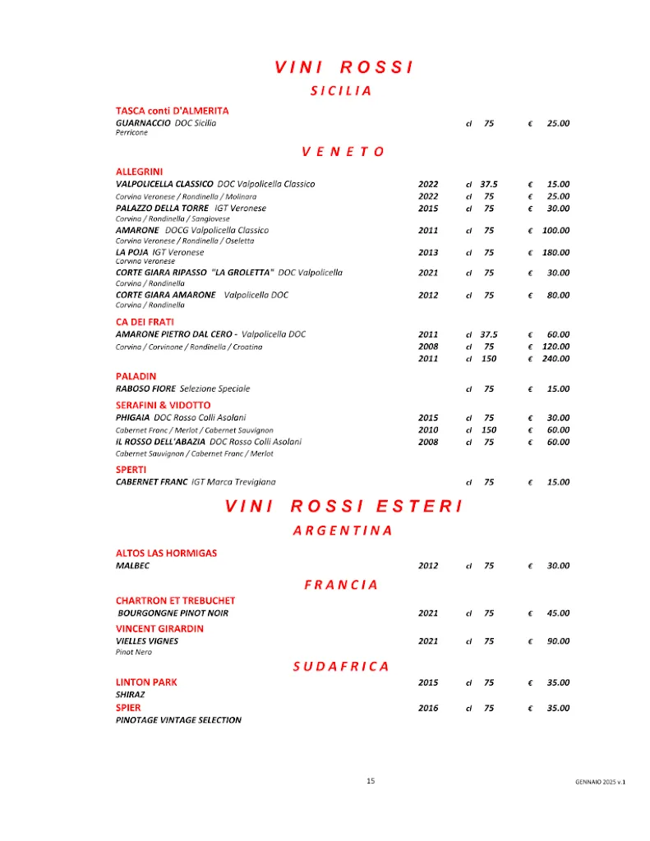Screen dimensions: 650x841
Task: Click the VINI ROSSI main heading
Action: point(343,67)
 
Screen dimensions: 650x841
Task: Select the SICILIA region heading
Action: point(341,91)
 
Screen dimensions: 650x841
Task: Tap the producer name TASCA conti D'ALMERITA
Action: point(172,110)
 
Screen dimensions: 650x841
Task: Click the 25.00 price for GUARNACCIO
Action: point(558,123)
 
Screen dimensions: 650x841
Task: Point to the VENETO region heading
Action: point(343,151)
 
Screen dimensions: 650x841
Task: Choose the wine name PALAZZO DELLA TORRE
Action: point(162,209)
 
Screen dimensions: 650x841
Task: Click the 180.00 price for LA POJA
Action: point(555,252)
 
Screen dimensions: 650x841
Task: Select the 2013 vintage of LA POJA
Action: point(428,252)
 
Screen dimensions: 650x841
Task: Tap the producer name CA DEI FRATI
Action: point(145,321)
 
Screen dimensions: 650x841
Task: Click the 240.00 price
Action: point(555,359)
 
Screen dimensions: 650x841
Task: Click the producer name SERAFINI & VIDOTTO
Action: point(163,405)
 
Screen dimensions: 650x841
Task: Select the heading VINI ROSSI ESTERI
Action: point(343,506)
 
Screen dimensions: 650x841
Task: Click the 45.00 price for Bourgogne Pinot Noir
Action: point(558,613)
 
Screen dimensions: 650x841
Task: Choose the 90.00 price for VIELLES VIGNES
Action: point(558,641)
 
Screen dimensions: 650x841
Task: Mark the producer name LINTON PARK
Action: point(146,682)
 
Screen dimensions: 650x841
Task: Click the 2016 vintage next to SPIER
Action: point(428,708)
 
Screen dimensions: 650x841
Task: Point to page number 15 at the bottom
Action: point(371,781)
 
